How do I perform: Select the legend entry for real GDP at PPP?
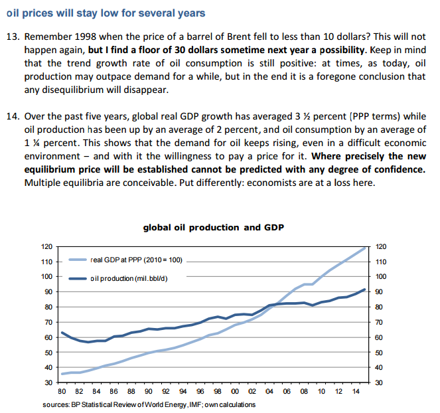click(x=135, y=260)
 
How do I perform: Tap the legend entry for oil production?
click(x=127, y=278)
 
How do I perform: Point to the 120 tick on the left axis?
click(x=46, y=246)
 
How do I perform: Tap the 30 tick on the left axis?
click(x=48, y=383)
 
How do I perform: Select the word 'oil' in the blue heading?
click(x=13, y=13)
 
